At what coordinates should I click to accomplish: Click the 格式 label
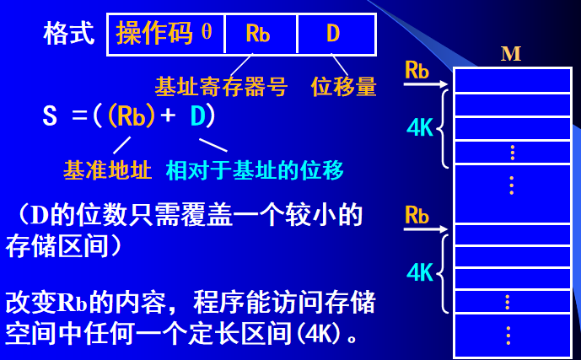(x=69, y=34)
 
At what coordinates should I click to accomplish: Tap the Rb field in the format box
(x=257, y=34)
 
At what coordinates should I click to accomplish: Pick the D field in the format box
(x=333, y=34)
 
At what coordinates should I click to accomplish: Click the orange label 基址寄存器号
(x=221, y=86)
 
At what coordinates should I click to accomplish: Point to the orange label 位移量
(x=343, y=86)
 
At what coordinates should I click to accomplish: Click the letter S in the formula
(x=50, y=116)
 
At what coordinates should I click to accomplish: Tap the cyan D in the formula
(x=197, y=116)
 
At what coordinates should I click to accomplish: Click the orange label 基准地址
(x=107, y=169)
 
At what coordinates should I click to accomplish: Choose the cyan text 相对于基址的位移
(x=255, y=169)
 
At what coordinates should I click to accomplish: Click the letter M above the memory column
(x=511, y=55)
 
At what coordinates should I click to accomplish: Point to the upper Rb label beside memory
(x=417, y=69)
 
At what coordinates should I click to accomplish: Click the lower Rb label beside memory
(x=417, y=214)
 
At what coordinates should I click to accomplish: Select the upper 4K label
(x=419, y=127)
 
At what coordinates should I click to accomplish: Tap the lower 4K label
(x=419, y=271)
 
